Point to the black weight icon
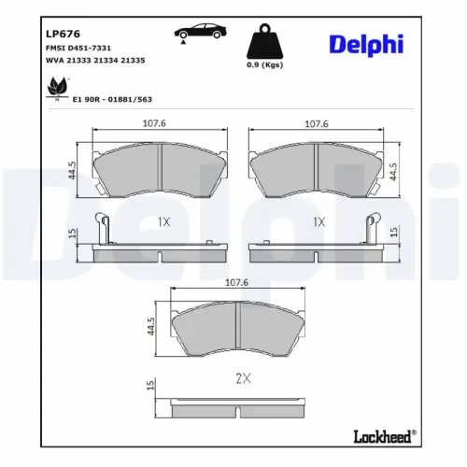[x=265, y=43]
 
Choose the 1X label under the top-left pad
[x=163, y=221]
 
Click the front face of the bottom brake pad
[x=239, y=333]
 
